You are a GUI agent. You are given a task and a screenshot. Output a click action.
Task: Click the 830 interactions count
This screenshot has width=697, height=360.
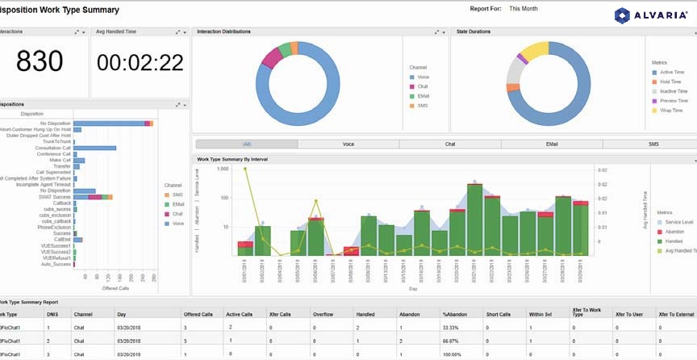pyautogui.click(x=44, y=61)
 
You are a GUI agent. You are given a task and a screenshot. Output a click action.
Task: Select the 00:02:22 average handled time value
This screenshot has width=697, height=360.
pyautogui.click(x=140, y=62)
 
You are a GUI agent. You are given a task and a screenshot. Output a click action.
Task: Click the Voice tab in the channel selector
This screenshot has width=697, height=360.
pyautogui.click(x=348, y=144)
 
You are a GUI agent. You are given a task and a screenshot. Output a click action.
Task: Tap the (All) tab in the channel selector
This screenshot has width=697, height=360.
pyautogui.click(x=246, y=144)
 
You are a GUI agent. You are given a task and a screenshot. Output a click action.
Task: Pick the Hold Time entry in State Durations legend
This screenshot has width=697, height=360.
pyautogui.click(x=671, y=82)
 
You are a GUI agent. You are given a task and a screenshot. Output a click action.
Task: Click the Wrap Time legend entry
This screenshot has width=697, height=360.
pyautogui.click(x=671, y=111)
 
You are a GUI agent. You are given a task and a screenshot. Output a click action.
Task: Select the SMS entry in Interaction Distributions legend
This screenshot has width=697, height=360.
pyautogui.click(x=422, y=106)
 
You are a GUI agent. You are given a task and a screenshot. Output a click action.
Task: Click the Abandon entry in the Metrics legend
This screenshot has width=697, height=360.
pyautogui.click(x=674, y=231)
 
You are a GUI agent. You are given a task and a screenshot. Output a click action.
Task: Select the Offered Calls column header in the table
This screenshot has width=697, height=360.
pyautogui.click(x=198, y=314)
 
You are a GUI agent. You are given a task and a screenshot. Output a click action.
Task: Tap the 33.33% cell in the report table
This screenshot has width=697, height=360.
pyautogui.click(x=453, y=328)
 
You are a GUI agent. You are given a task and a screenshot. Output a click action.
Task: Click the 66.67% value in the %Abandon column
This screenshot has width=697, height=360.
pyautogui.click(x=453, y=341)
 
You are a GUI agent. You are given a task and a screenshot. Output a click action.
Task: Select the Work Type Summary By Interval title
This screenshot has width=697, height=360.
pyautogui.click(x=234, y=159)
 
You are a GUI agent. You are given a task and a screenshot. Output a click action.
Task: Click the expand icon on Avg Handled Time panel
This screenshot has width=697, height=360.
pyautogui.click(x=177, y=32)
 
